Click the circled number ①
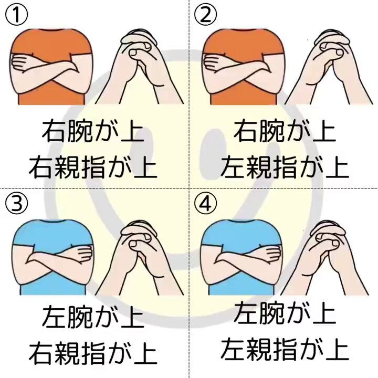[16, 16]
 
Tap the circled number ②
[205, 16]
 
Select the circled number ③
[16, 204]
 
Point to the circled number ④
[205, 204]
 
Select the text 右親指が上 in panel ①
[93, 167]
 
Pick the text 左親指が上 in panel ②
[284, 167]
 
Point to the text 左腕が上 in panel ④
[284, 316]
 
